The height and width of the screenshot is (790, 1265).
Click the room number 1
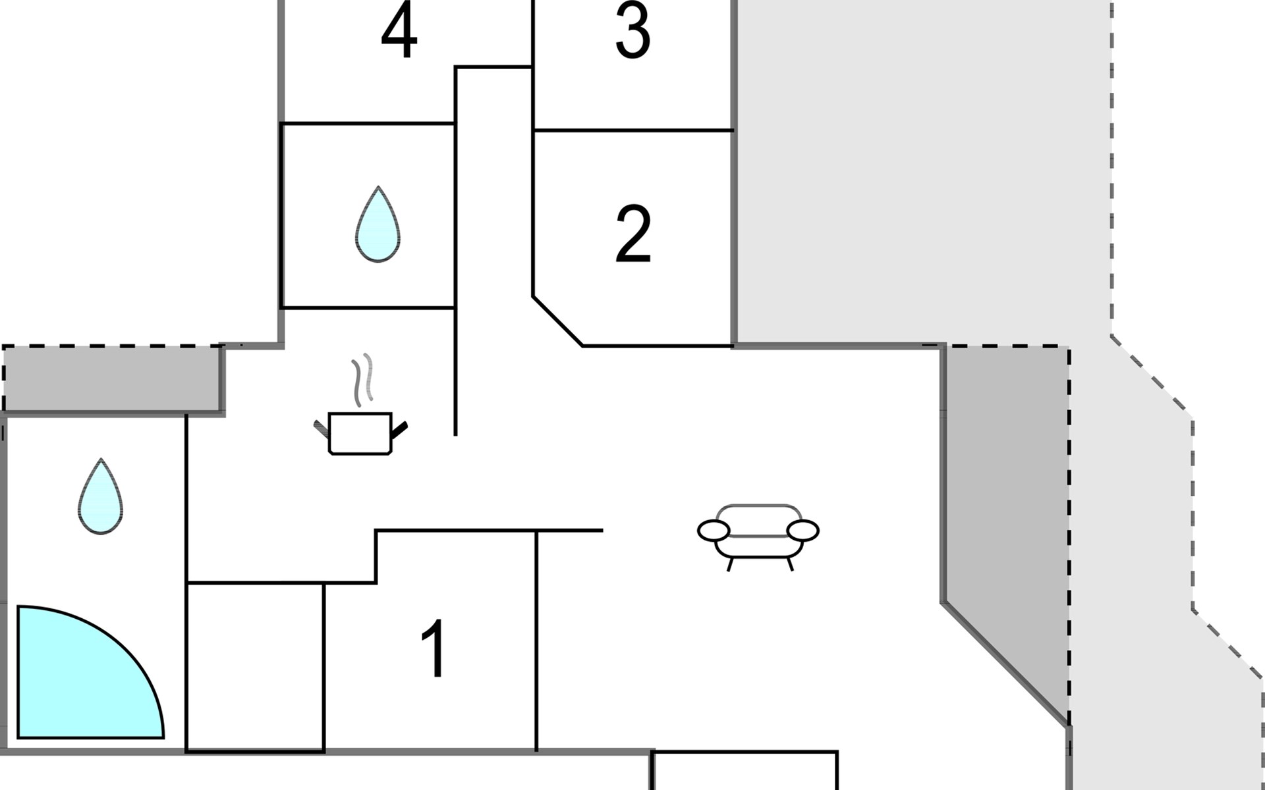pos(434,649)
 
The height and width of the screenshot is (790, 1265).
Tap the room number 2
pos(632,234)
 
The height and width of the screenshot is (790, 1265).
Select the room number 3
pos(632,32)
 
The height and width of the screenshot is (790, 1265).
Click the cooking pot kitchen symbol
pos(360,433)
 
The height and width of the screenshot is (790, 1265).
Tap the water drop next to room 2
pos(378,225)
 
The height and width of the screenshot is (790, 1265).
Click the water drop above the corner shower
pos(100,497)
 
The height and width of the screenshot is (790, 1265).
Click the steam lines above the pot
pos(362,380)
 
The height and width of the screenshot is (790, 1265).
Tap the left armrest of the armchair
pos(714,530)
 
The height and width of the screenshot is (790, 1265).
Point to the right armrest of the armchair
pos(802,530)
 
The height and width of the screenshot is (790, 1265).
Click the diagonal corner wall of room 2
pos(557,321)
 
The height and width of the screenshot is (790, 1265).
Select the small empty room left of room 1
pos(256,666)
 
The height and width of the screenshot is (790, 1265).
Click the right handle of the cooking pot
pos(400,431)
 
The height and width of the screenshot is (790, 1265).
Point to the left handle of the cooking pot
pos(321,429)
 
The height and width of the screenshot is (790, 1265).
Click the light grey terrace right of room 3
pos(922,171)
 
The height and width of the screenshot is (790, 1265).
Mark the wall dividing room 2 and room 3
pos(632,130)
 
